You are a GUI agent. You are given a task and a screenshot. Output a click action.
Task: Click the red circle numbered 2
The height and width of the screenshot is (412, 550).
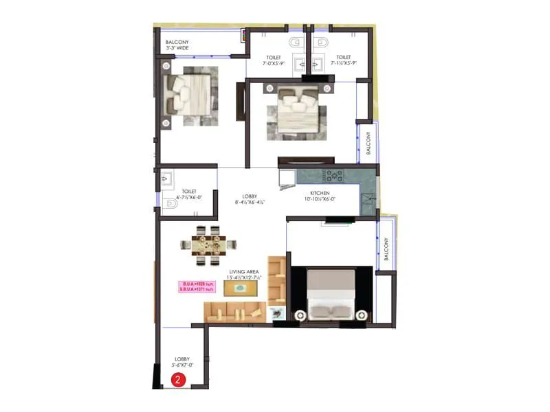click(178, 379)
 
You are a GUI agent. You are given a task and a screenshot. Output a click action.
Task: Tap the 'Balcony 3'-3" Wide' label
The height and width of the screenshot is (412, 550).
click(177, 46)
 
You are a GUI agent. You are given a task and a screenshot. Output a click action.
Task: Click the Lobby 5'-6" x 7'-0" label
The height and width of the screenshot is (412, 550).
click(182, 363)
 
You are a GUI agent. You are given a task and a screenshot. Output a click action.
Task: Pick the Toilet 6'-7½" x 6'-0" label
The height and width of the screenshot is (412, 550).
click(190, 194)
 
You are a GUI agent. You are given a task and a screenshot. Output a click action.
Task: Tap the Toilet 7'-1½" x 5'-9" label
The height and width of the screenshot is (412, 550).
click(343, 60)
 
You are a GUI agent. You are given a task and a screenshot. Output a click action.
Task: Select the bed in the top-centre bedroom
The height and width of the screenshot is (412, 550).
click(298, 110)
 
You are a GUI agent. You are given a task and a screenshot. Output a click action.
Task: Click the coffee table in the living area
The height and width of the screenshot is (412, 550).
click(240, 289)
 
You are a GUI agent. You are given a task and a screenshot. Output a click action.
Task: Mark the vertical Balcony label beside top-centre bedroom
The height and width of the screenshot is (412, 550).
click(368, 142)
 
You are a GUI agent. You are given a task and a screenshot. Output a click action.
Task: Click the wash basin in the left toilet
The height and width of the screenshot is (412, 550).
click(167, 179)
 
